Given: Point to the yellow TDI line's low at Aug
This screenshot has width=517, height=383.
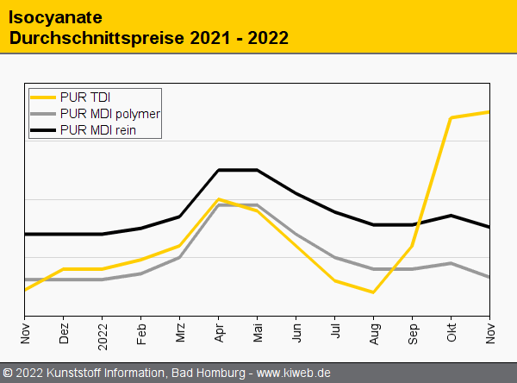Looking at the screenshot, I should (374, 292).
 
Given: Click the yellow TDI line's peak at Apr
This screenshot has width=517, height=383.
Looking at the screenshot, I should (219, 199).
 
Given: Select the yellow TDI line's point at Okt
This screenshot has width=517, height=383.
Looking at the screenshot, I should (452, 117).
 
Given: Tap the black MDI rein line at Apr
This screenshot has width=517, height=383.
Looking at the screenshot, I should (219, 170).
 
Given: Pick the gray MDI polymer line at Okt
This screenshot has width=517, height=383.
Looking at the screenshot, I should (452, 263).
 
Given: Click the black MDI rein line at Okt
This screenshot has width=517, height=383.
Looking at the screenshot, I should (452, 216).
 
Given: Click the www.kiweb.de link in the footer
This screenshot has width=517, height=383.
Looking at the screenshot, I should (294, 373).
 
